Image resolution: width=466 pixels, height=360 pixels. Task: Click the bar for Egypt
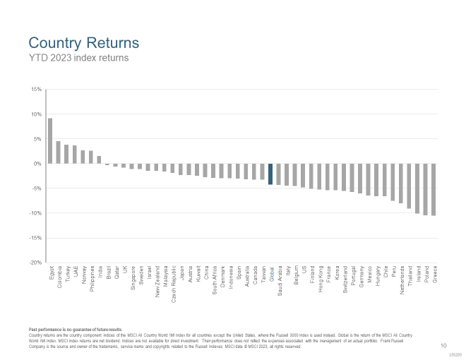tap(50, 141)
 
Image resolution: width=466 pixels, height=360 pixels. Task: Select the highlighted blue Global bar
tap(270, 174)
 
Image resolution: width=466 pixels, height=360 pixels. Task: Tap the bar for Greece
tap(434, 189)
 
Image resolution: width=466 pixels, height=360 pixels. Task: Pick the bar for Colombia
tap(58, 152)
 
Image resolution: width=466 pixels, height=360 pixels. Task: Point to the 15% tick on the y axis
tap(37, 90)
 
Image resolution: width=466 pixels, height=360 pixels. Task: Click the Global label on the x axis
tap(271, 273)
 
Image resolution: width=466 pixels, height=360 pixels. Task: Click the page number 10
tap(443, 345)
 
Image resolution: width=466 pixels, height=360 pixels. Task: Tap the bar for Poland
tap(426, 189)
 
